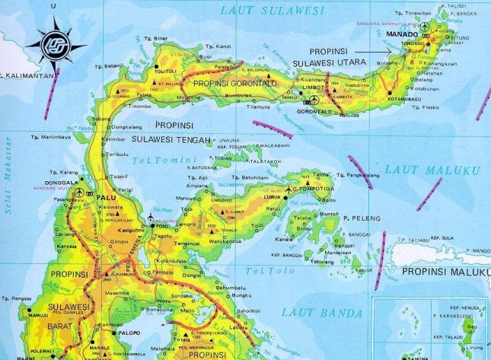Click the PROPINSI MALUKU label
pyautogui.click(x=445, y=271)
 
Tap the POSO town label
pyautogui.click(x=161, y=226)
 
